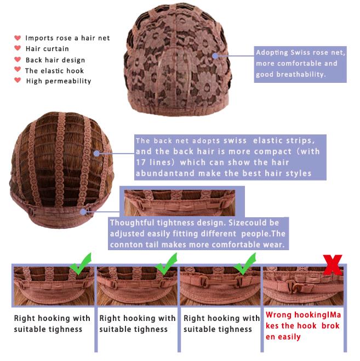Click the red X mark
(x=333, y=265)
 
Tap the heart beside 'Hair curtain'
(x=18, y=48)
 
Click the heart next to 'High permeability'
(x=18, y=80)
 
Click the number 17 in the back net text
(x=140, y=162)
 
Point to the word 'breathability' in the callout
(x=301, y=75)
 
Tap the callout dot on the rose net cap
(x=215, y=56)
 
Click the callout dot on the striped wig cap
(x=96, y=153)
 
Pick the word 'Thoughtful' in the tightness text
(x=129, y=223)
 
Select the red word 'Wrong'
(x=278, y=315)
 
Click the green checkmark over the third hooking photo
(x=245, y=264)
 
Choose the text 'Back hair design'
(x=55, y=60)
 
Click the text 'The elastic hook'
(x=54, y=71)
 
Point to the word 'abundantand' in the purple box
(x=165, y=173)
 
